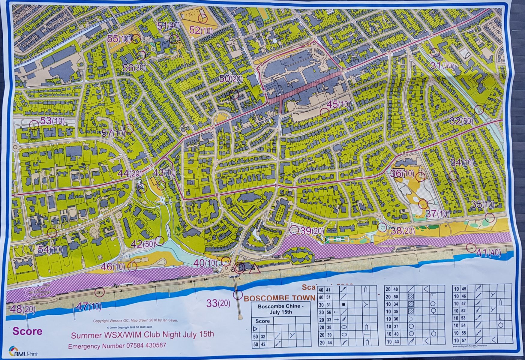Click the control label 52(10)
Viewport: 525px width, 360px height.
(201, 30)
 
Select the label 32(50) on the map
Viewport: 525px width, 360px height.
(461, 121)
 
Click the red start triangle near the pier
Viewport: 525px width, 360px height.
(254, 268)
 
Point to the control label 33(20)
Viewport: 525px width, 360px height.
(218, 303)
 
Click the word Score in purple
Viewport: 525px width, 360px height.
(27, 331)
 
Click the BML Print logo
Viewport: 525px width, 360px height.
(23, 351)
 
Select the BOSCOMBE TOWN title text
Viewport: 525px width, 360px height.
(279, 298)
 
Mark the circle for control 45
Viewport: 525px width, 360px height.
(324, 112)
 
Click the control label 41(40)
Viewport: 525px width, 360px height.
(488, 253)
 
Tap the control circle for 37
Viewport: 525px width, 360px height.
(423, 204)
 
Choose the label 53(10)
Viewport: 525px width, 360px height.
(52, 121)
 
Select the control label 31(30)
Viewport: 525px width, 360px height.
(442, 65)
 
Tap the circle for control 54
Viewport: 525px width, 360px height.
(52, 232)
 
